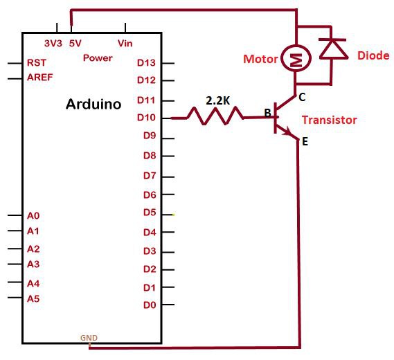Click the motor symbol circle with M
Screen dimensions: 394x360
[x=296, y=58]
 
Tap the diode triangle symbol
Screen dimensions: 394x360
[x=333, y=49]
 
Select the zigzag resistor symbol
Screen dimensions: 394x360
[x=215, y=116]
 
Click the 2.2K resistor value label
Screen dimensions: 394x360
[x=218, y=101]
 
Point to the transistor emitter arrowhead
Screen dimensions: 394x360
[x=287, y=131]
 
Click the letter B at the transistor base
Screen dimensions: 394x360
[x=268, y=113]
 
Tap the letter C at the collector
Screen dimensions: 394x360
[x=302, y=97]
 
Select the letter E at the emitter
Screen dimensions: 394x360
[x=305, y=142]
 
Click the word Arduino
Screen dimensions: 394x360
[x=93, y=104]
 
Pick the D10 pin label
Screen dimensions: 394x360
[x=147, y=117]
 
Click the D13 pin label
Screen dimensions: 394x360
[x=147, y=62]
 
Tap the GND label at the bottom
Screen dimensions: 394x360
[x=89, y=338]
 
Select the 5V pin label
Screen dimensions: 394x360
[x=75, y=44]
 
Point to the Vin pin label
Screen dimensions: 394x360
[x=125, y=44]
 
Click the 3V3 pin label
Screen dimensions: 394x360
[x=53, y=44]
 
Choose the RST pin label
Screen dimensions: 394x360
[x=37, y=62]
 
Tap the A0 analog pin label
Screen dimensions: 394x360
[x=33, y=216]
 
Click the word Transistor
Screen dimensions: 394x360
[x=329, y=120]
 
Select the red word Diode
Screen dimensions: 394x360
[x=373, y=55]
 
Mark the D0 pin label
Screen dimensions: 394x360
[x=150, y=305]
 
